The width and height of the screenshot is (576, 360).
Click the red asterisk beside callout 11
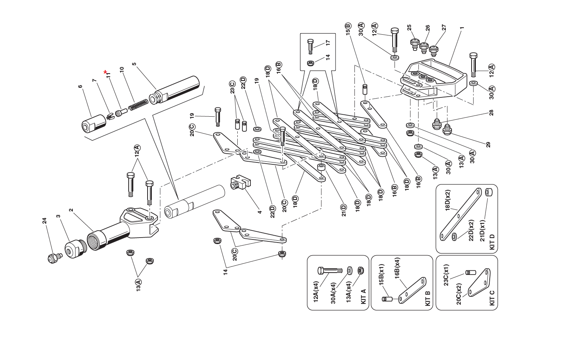[x=105, y=72]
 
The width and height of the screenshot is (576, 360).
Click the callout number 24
[x=44, y=221]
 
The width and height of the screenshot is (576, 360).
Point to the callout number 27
[x=444, y=28]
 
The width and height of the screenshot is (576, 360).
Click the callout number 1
[x=462, y=28]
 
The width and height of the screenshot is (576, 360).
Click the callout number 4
[x=260, y=212]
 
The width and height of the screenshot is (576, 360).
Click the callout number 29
[x=488, y=145]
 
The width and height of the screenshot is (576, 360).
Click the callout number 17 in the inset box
[x=328, y=43]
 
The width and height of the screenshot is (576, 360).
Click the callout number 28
[x=491, y=112]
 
